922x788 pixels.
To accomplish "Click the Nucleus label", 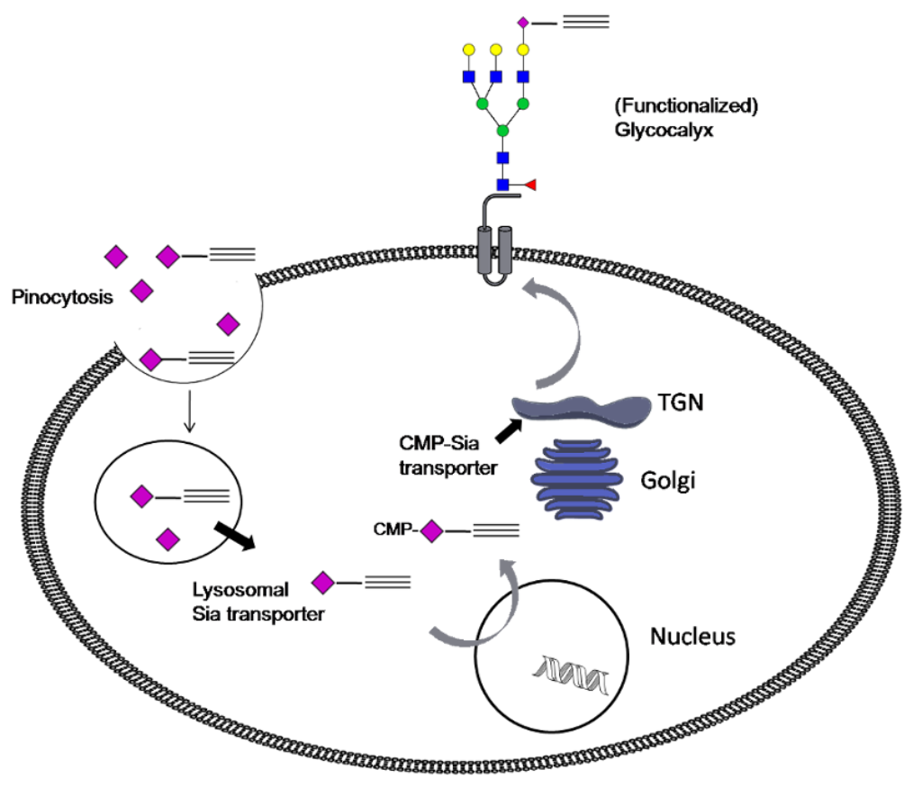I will click(x=692, y=637).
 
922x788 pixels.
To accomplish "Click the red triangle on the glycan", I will click(x=530, y=185).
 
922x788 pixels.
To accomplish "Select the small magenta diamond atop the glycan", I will click(x=522, y=20).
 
